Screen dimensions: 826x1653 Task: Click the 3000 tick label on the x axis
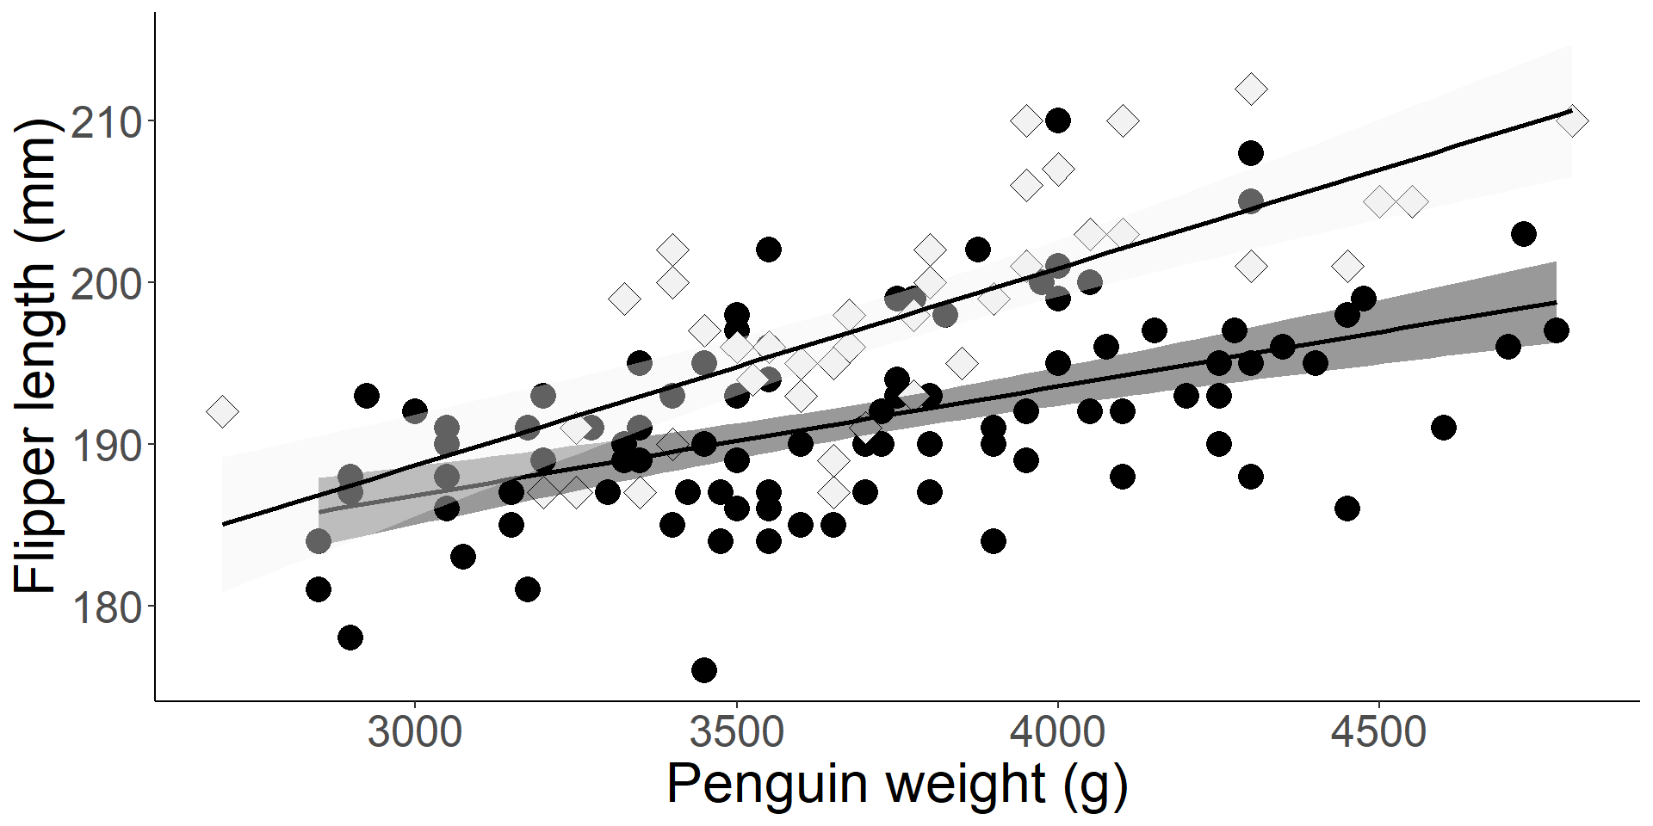pos(415,734)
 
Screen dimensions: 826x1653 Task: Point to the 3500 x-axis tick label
pos(737,734)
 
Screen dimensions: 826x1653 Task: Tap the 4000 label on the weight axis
pos(1058,734)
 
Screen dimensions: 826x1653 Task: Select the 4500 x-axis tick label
pos(1379,734)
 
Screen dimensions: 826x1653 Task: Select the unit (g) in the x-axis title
pos(1095,785)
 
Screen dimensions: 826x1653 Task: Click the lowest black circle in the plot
pos(704,670)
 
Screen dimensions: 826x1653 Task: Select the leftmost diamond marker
pos(222,411)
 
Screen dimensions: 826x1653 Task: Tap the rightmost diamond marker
pos(1572,121)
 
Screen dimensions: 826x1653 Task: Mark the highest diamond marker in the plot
pos(1251,89)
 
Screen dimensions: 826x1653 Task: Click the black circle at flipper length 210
pos(1058,120)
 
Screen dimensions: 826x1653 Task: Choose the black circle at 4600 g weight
pos(1444,428)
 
